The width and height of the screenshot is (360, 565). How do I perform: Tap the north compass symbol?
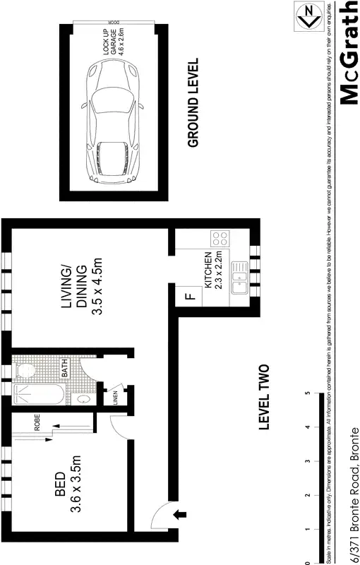(307, 14)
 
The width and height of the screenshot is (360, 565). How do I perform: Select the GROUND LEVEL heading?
(193, 102)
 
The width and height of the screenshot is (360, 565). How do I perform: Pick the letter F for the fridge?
(189, 296)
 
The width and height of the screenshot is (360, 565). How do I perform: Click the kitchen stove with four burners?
(220, 239)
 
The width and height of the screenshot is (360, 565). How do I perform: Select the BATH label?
(63, 368)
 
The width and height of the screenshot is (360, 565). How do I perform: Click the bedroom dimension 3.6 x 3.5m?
(78, 487)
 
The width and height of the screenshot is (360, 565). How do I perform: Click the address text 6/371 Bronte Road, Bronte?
(351, 494)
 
